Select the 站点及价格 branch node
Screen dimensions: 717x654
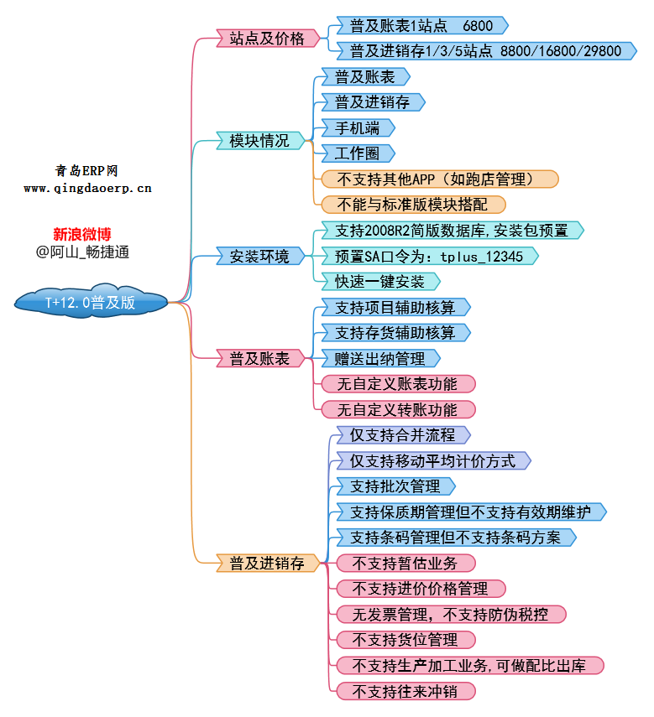(x=267, y=38)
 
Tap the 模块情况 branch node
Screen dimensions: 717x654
(x=259, y=141)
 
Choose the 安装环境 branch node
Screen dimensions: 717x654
(x=259, y=256)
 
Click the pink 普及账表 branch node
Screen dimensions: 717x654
(x=259, y=359)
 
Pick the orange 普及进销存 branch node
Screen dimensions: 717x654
(x=267, y=564)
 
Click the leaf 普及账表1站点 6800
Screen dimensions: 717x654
(x=421, y=26)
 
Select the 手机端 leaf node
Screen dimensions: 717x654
(x=358, y=128)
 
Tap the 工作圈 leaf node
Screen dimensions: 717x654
(x=358, y=153)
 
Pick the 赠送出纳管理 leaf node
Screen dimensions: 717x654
(x=380, y=359)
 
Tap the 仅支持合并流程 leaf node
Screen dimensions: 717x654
(x=402, y=435)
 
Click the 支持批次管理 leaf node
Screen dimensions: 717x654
(x=395, y=486)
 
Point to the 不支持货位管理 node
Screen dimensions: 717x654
(x=405, y=641)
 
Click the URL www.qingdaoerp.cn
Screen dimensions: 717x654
(x=87, y=189)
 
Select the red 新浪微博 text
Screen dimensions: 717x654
(x=82, y=234)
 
